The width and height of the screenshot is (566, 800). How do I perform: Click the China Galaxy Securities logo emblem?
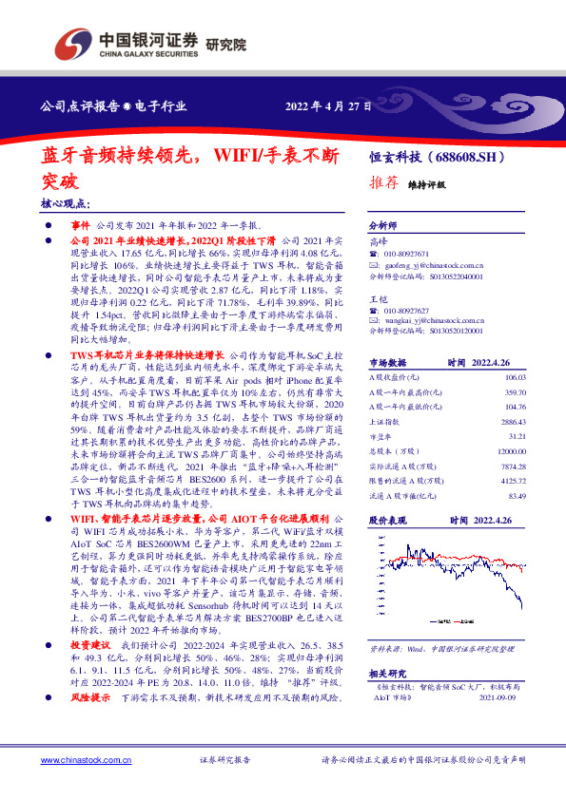(73, 43)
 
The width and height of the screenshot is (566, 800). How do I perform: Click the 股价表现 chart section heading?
(387, 522)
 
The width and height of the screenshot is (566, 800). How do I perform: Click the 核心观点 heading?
(65, 203)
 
